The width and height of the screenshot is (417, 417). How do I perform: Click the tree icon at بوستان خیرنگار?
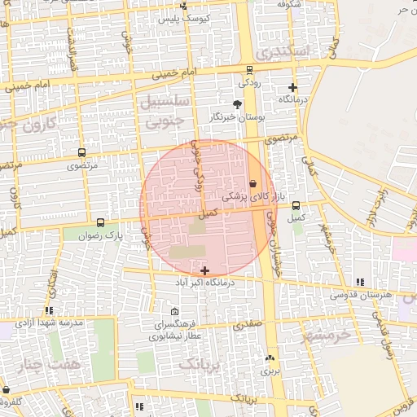[x=237, y=104]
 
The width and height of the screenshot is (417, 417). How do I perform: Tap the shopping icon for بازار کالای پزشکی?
[x=252, y=184]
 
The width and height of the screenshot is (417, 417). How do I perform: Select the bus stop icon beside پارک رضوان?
[x=100, y=222]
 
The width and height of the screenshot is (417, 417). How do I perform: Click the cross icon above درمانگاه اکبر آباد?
[x=204, y=270]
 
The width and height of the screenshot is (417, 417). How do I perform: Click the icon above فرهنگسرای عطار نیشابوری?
[x=175, y=312]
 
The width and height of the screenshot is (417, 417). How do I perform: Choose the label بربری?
[x=269, y=370]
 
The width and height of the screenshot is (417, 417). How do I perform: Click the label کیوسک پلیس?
[x=184, y=17]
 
